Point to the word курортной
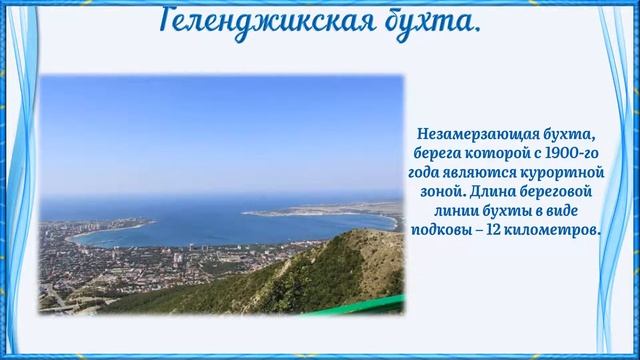(x=565, y=172)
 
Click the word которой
(x=489, y=153)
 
